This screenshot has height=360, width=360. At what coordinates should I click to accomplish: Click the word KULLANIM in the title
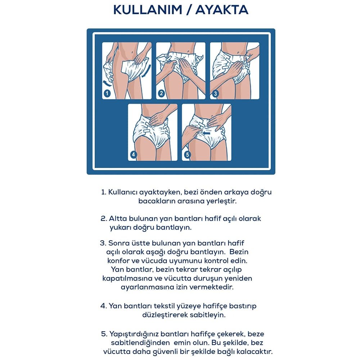coord(148,10)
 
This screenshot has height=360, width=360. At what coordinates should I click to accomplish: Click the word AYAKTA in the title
coord(222,10)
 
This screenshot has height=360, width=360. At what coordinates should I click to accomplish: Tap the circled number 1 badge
coord(107,93)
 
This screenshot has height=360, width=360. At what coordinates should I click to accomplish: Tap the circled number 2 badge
coord(161,93)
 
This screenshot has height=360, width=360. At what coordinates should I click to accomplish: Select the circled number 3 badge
coord(215,94)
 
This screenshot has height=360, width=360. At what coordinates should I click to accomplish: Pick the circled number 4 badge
coord(134,154)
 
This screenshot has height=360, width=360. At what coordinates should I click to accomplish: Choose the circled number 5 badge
coord(187,154)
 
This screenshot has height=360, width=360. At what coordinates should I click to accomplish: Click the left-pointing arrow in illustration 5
coord(206,133)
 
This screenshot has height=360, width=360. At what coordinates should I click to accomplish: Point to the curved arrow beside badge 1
coord(106,82)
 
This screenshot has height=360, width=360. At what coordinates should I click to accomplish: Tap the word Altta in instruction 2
coord(117,219)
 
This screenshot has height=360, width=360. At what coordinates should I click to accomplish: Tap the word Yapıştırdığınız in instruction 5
coord(134,334)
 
